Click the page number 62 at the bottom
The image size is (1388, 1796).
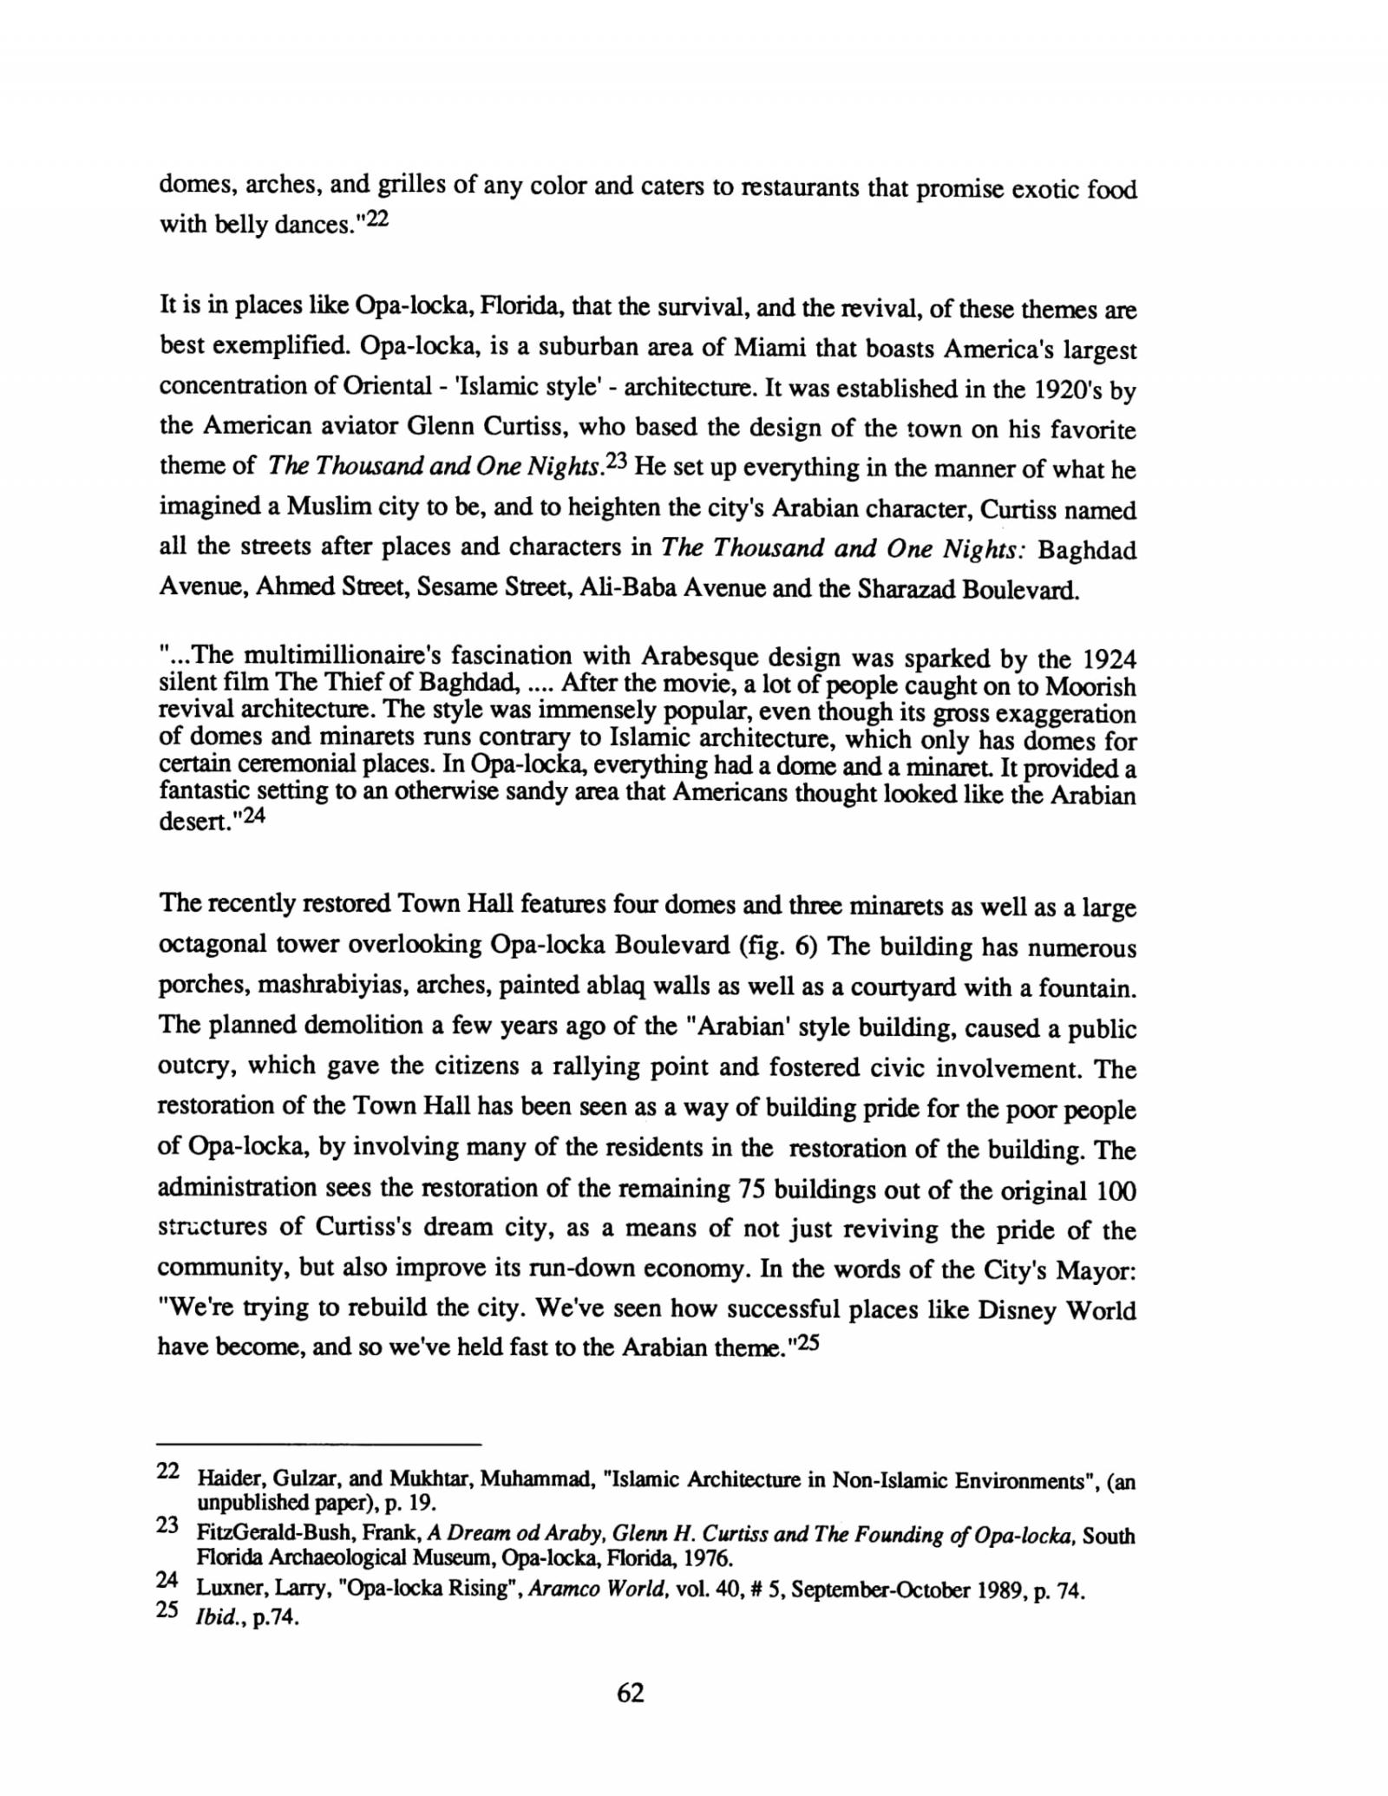coord(631,1693)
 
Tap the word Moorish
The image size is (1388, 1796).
coord(1090,686)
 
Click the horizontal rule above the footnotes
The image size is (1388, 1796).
coord(318,1445)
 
